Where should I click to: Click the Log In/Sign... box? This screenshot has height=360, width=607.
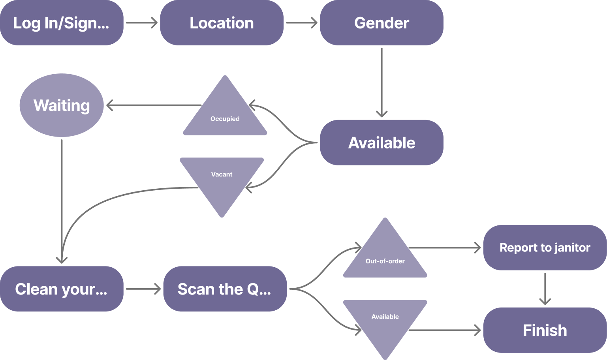click(x=62, y=23)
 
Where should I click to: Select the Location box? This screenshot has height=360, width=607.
click(x=222, y=23)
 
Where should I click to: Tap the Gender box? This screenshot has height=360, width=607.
click(x=381, y=23)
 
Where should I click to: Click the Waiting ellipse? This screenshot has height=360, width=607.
click(x=62, y=105)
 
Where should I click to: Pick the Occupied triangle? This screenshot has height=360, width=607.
click(x=225, y=114)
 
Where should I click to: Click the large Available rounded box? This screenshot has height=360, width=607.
click(x=381, y=142)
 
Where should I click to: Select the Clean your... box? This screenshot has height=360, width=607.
click(x=62, y=289)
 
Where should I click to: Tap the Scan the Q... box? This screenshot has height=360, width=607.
click(x=225, y=289)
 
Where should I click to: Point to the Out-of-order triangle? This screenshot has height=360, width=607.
click(x=385, y=257)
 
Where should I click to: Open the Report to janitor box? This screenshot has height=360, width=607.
click(x=545, y=247)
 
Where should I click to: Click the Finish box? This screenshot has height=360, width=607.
click(x=545, y=330)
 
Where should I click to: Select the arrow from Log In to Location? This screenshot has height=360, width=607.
click(x=141, y=23)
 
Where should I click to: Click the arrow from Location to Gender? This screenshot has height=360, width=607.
click(x=301, y=23)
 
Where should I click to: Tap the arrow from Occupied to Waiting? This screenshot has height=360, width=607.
click(x=154, y=105)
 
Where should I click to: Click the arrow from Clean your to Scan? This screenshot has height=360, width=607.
click(x=143, y=289)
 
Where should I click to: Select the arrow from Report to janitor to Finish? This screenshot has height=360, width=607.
click(x=545, y=289)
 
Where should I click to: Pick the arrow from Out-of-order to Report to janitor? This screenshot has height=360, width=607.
click(x=444, y=248)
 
